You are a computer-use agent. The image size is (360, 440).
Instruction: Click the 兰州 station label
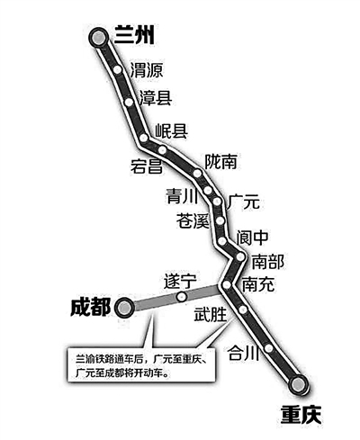[134, 35]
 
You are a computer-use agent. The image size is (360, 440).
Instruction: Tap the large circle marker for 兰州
[98, 38]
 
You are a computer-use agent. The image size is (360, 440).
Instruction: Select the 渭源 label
[147, 70]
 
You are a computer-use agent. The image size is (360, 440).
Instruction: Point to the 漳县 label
[155, 98]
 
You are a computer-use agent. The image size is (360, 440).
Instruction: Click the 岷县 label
[171, 130]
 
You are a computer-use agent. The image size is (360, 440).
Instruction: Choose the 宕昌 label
[147, 166]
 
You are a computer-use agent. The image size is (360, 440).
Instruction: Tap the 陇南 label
[221, 162]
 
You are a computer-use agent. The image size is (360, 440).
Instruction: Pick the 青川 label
[182, 196]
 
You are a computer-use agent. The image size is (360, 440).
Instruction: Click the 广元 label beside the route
[243, 202]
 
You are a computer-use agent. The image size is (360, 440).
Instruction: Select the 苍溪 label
[193, 220]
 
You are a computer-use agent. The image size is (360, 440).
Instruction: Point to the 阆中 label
[252, 238]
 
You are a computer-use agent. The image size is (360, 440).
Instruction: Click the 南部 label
[267, 262]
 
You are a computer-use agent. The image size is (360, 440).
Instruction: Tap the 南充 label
[258, 283]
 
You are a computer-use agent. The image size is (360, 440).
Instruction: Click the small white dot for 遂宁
[182, 297]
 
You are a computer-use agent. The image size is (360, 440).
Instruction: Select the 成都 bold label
[91, 307]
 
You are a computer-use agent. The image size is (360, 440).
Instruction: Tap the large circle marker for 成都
[124, 308]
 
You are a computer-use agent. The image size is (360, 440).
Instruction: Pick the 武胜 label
[211, 314]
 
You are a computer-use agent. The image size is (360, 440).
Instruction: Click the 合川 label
[243, 352]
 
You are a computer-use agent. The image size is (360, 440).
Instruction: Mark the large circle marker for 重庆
[298, 384]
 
